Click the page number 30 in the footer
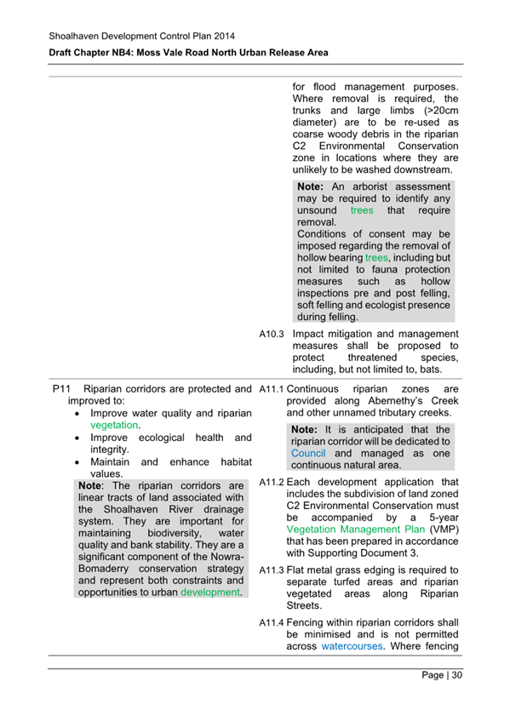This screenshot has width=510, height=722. click(x=456, y=676)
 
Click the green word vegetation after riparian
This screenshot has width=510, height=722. click(x=115, y=424)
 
